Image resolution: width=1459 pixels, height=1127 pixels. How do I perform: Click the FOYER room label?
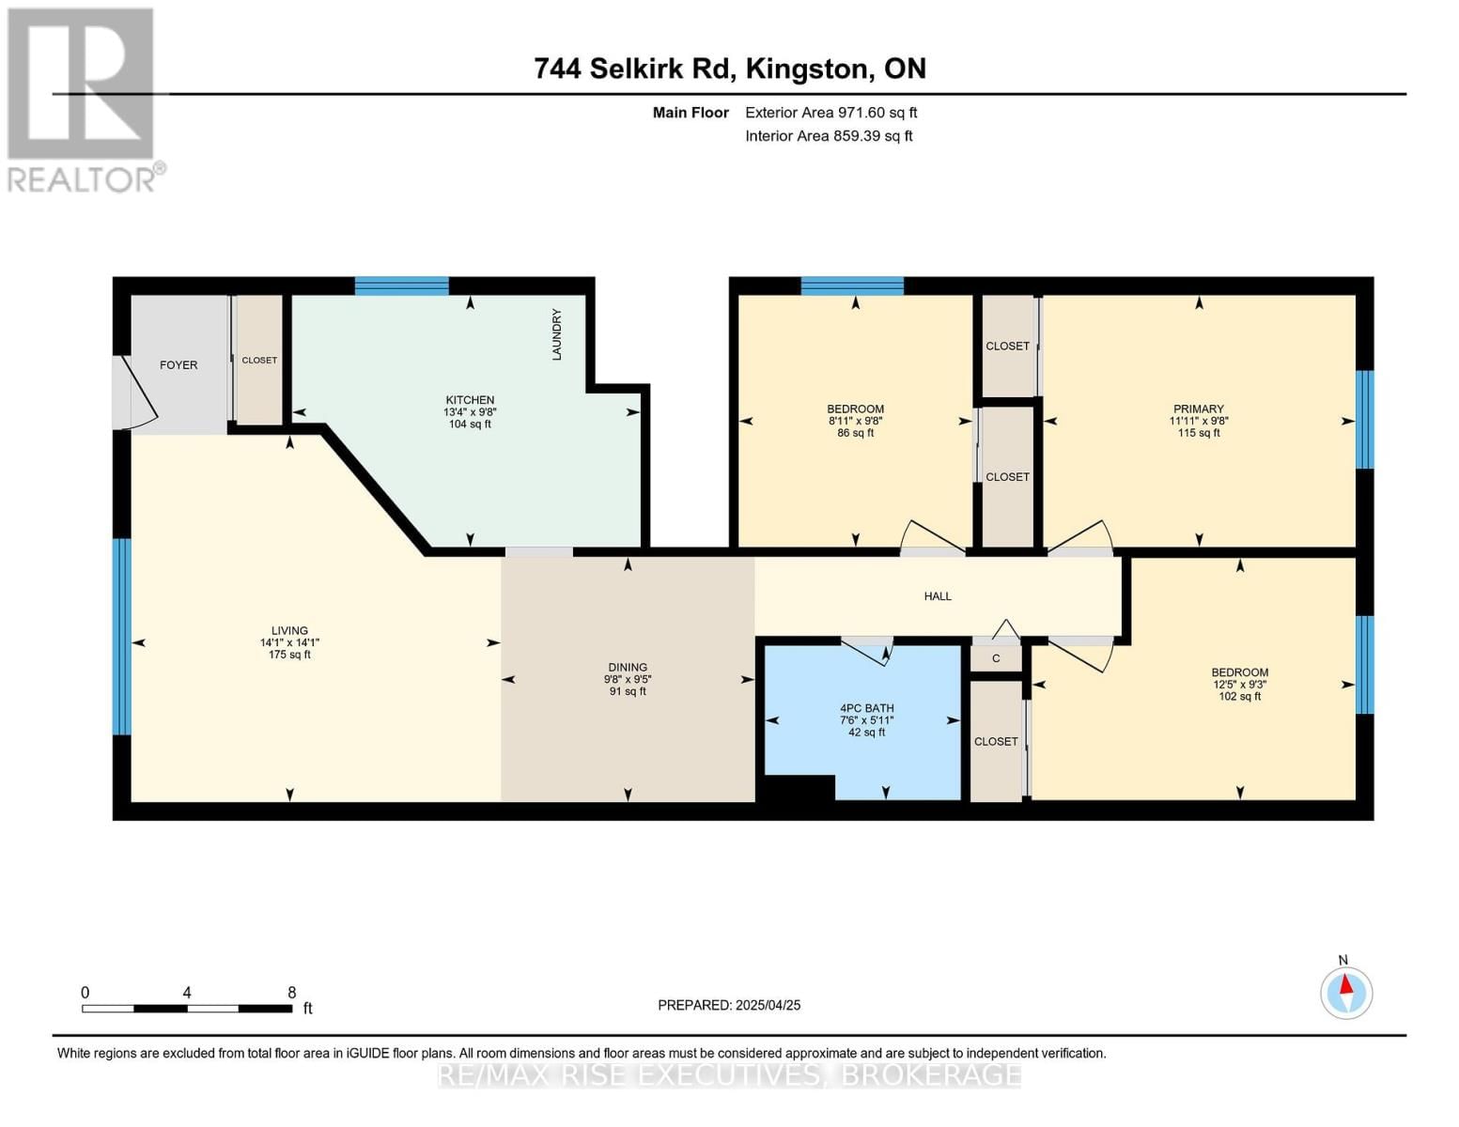coord(178,365)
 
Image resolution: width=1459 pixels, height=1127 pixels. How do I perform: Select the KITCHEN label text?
coord(470,400)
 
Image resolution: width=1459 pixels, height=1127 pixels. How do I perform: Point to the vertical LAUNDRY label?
coord(557,334)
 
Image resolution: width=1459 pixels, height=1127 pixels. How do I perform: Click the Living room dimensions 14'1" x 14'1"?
coord(289,643)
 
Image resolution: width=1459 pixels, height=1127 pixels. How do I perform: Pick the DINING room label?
coord(628,668)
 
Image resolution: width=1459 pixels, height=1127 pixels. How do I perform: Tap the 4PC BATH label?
coord(866,709)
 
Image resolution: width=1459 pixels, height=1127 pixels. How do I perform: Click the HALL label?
coord(938,596)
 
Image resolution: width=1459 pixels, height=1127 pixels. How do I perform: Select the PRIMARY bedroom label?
coord(1198,409)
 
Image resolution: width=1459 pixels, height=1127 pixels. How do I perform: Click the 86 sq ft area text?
coord(855,434)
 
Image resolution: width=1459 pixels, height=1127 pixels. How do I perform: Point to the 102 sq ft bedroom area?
coord(1239,697)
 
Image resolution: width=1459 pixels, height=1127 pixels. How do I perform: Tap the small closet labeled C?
coord(996,658)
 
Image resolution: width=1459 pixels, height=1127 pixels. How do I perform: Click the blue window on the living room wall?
coord(121,637)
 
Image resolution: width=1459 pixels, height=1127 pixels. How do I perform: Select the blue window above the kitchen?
coord(401,286)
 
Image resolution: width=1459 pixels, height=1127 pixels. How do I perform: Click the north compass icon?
coord(1346,992)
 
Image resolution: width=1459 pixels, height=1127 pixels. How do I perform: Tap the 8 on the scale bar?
coord(291,993)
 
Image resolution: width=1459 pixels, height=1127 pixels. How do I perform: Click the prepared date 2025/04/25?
coord(768,1005)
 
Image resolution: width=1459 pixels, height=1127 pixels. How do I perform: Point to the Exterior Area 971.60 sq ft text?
coord(830,113)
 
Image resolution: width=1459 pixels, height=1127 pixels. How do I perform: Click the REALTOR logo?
coord(83,100)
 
